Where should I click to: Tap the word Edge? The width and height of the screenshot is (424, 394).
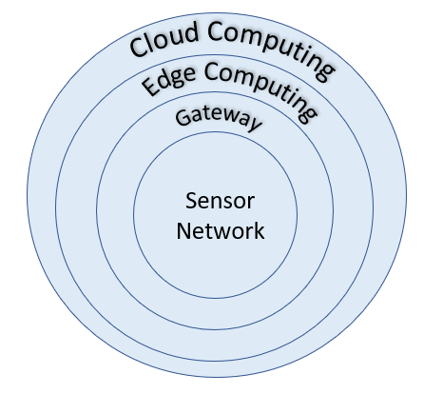pos(168,79)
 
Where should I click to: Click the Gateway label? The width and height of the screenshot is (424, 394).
pos(219,119)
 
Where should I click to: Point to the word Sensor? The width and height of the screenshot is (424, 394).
pos(221,201)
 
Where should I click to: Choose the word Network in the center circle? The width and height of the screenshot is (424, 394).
pos(221,230)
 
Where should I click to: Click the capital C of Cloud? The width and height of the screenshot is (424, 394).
pos(140,48)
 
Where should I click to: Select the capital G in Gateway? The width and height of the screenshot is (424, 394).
pos(183,117)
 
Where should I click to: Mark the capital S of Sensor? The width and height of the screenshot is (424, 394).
pos(191,201)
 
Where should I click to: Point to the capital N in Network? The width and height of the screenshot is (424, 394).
pos(183,230)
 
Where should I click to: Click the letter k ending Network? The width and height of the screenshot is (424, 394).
pos(260,230)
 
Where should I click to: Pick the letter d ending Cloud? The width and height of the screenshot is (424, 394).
pos(191,32)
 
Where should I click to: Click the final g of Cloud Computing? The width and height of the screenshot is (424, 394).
pos(325,72)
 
